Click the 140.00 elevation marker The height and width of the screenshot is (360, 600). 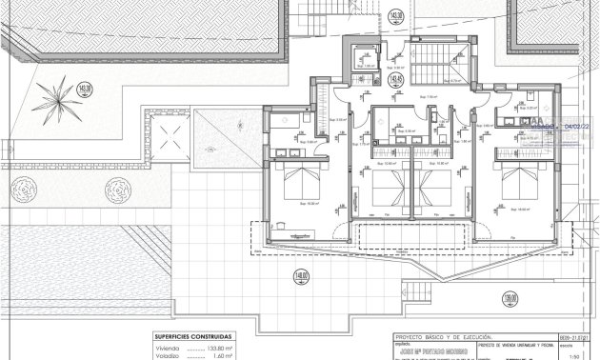[x=302, y=277]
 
